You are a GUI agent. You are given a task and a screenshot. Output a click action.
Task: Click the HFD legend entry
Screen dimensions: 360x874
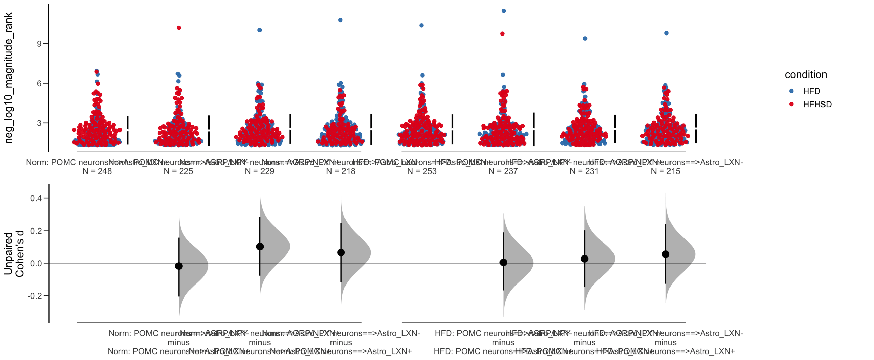(x=811, y=91)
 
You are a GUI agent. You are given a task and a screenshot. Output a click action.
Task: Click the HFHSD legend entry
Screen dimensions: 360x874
(x=817, y=105)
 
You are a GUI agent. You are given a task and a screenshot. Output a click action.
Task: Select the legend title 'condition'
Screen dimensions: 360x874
(x=805, y=75)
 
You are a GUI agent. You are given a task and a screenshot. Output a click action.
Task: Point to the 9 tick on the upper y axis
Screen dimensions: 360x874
(x=40, y=44)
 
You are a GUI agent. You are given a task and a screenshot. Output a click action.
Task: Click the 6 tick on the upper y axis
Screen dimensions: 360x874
(x=40, y=83)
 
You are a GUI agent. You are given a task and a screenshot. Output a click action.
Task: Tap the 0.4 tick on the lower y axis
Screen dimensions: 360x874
(x=36, y=198)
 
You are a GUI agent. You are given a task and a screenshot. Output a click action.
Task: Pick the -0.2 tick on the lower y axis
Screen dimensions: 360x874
(x=35, y=296)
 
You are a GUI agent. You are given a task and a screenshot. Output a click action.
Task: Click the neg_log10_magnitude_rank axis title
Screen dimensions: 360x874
(x=9, y=78)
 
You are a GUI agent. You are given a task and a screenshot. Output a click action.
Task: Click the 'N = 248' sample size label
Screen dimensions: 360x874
(x=97, y=171)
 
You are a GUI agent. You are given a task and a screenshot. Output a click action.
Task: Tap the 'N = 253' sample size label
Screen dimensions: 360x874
(x=422, y=171)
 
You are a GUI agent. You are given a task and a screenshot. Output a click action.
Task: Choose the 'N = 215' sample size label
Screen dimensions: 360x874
(x=665, y=171)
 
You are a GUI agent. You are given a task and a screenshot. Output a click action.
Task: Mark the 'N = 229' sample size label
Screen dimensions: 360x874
(x=259, y=171)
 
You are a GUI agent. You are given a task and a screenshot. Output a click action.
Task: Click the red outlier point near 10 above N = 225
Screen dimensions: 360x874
(x=179, y=28)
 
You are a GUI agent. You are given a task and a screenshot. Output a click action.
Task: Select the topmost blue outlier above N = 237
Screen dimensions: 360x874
(x=504, y=11)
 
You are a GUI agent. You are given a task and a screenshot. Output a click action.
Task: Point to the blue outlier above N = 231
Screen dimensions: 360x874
(x=585, y=39)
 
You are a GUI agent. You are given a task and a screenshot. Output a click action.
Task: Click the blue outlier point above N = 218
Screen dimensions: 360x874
(x=340, y=20)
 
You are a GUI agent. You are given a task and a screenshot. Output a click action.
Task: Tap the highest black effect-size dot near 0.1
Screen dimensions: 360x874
(x=260, y=247)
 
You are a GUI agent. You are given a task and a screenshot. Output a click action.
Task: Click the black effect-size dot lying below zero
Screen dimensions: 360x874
(x=179, y=266)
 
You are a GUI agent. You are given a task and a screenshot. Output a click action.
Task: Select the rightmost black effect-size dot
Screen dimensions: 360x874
(x=665, y=254)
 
